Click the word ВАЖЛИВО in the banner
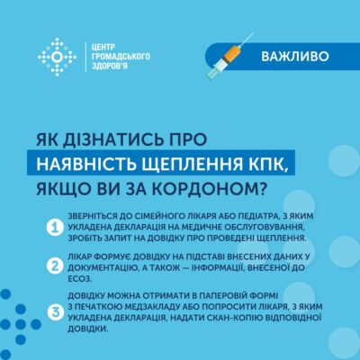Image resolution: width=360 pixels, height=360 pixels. pyautogui.click(x=295, y=57)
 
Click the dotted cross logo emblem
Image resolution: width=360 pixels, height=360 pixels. pyautogui.click(x=57, y=57)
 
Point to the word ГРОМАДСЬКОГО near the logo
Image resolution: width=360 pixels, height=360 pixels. pyautogui.click(x=121, y=57)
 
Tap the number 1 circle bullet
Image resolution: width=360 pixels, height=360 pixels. pyautogui.click(x=55, y=228)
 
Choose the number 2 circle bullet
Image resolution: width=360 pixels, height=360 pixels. pyautogui.click(x=55, y=266)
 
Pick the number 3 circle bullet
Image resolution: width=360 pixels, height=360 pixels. pyautogui.click(x=55, y=312)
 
